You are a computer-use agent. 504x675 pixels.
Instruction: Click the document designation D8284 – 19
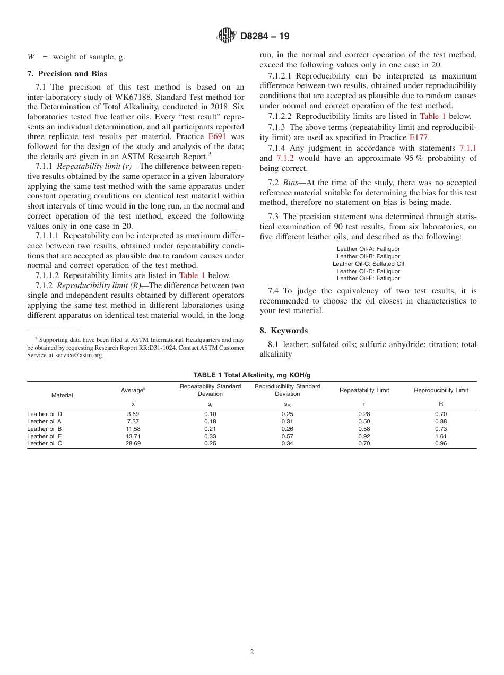tap(265, 37)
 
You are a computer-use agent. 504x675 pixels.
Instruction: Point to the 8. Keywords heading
tap(283, 330)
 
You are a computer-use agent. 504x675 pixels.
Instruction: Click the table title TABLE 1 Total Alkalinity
tap(251, 375)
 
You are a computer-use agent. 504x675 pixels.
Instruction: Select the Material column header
tap(62, 395)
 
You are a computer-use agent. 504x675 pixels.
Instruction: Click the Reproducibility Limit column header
tap(441, 390)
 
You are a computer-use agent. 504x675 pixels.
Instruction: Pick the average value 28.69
tap(133, 443)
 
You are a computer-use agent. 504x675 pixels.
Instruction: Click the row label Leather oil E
tap(45, 436)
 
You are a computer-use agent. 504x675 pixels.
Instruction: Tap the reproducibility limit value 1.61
tap(441, 436)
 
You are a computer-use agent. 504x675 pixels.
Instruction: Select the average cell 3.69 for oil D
tap(133, 414)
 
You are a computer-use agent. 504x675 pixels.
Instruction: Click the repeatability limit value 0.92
tap(364, 436)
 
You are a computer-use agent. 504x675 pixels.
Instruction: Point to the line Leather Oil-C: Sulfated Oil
tap(368, 264)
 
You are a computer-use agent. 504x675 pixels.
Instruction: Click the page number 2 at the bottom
tap(252, 652)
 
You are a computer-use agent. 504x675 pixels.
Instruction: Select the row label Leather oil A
tap(45, 421)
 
